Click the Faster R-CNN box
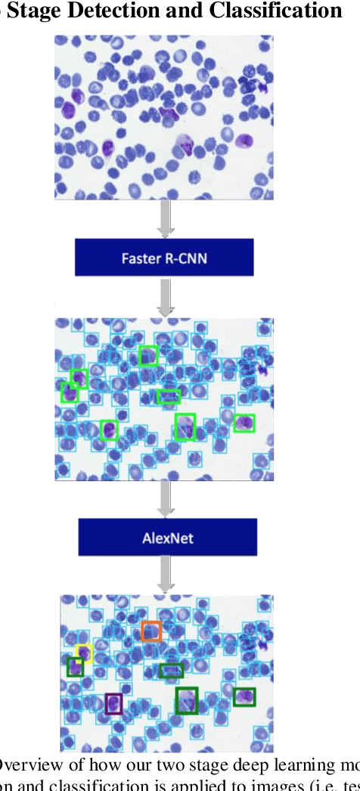pos(163,258)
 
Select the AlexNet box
pos(168,538)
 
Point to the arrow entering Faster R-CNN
pos(166,218)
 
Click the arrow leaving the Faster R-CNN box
pos(166,297)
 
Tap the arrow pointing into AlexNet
pos(166,499)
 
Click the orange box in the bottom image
pos(151,631)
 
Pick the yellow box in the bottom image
pos(84,653)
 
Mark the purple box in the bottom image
pos(113,703)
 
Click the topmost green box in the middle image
pos(149,355)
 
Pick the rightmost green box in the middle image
pos(244,423)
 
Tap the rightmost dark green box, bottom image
pos(244,696)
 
